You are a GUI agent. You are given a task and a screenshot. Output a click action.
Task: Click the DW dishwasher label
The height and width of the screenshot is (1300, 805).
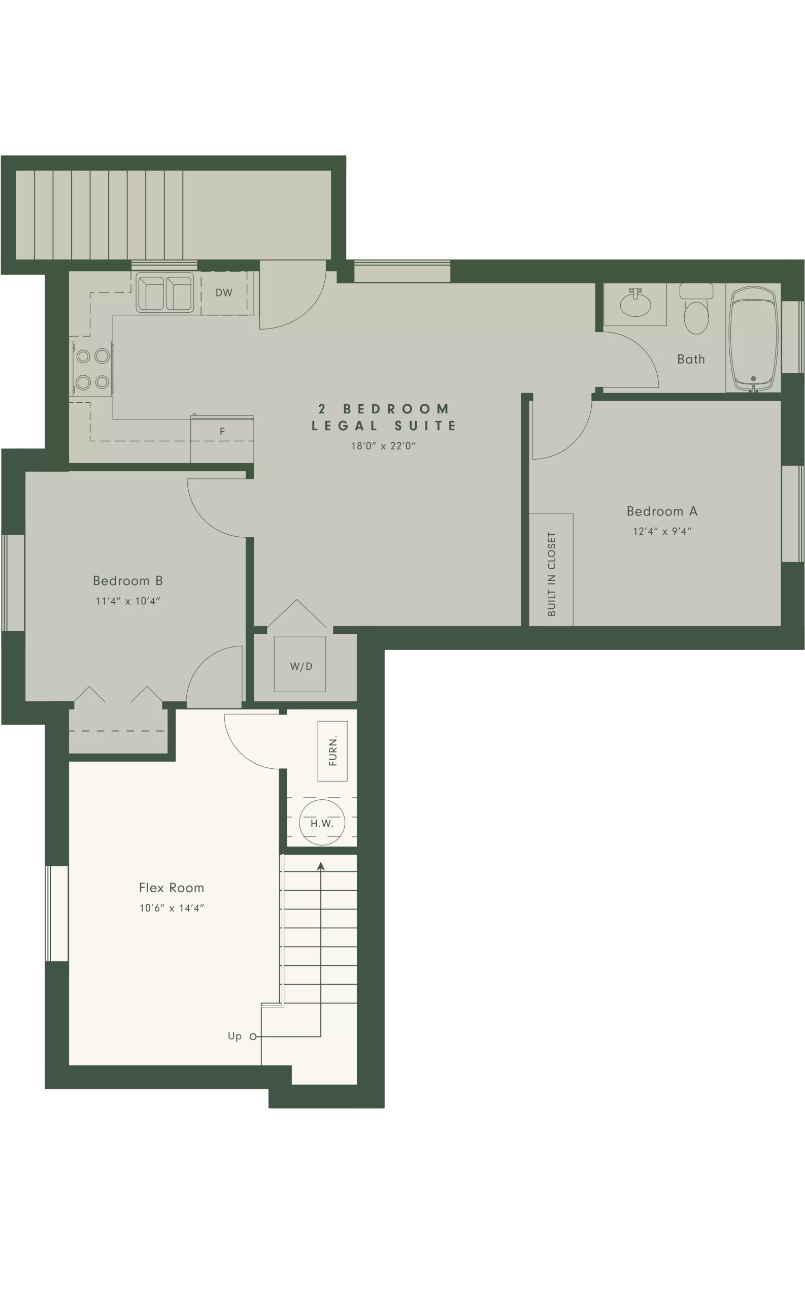point(224,292)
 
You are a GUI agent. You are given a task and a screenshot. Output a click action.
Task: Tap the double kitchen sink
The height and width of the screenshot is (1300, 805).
point(165,292)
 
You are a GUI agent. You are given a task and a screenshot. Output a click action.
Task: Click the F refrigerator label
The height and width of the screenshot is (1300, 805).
point(222,431)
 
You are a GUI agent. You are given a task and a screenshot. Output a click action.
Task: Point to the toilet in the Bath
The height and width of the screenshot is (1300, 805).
point(696,308)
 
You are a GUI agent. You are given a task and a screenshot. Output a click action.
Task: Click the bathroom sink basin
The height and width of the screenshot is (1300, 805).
point(635,305)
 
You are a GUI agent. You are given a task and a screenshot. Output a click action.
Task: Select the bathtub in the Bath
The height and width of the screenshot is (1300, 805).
point(753,339)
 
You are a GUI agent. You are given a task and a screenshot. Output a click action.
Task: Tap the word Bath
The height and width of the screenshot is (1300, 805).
point(691,360)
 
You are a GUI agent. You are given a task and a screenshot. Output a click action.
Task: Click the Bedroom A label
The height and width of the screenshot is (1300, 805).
point(662,511)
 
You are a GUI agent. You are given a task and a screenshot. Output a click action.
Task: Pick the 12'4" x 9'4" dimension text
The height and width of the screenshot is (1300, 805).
point(662,531)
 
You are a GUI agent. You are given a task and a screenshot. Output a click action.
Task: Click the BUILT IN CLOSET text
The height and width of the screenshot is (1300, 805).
point(552,574)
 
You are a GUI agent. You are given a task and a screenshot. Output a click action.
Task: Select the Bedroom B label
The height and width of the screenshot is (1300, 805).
point(128,580)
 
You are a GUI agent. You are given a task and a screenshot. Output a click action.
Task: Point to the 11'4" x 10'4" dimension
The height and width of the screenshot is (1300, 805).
point(128,601)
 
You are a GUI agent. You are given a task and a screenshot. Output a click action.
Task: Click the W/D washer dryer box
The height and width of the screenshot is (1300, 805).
point(300,664)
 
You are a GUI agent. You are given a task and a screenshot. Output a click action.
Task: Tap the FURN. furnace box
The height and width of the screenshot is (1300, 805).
point(332,751)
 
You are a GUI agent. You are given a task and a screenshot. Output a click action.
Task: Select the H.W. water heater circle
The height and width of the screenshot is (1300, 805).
point(322,822)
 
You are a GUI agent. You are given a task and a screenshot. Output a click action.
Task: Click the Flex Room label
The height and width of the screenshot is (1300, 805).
point(172,888)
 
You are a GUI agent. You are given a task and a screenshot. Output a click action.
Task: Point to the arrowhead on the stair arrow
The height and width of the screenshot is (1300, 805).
point(320,866)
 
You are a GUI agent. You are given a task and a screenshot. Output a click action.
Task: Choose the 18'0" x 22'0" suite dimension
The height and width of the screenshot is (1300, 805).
point(383,446)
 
